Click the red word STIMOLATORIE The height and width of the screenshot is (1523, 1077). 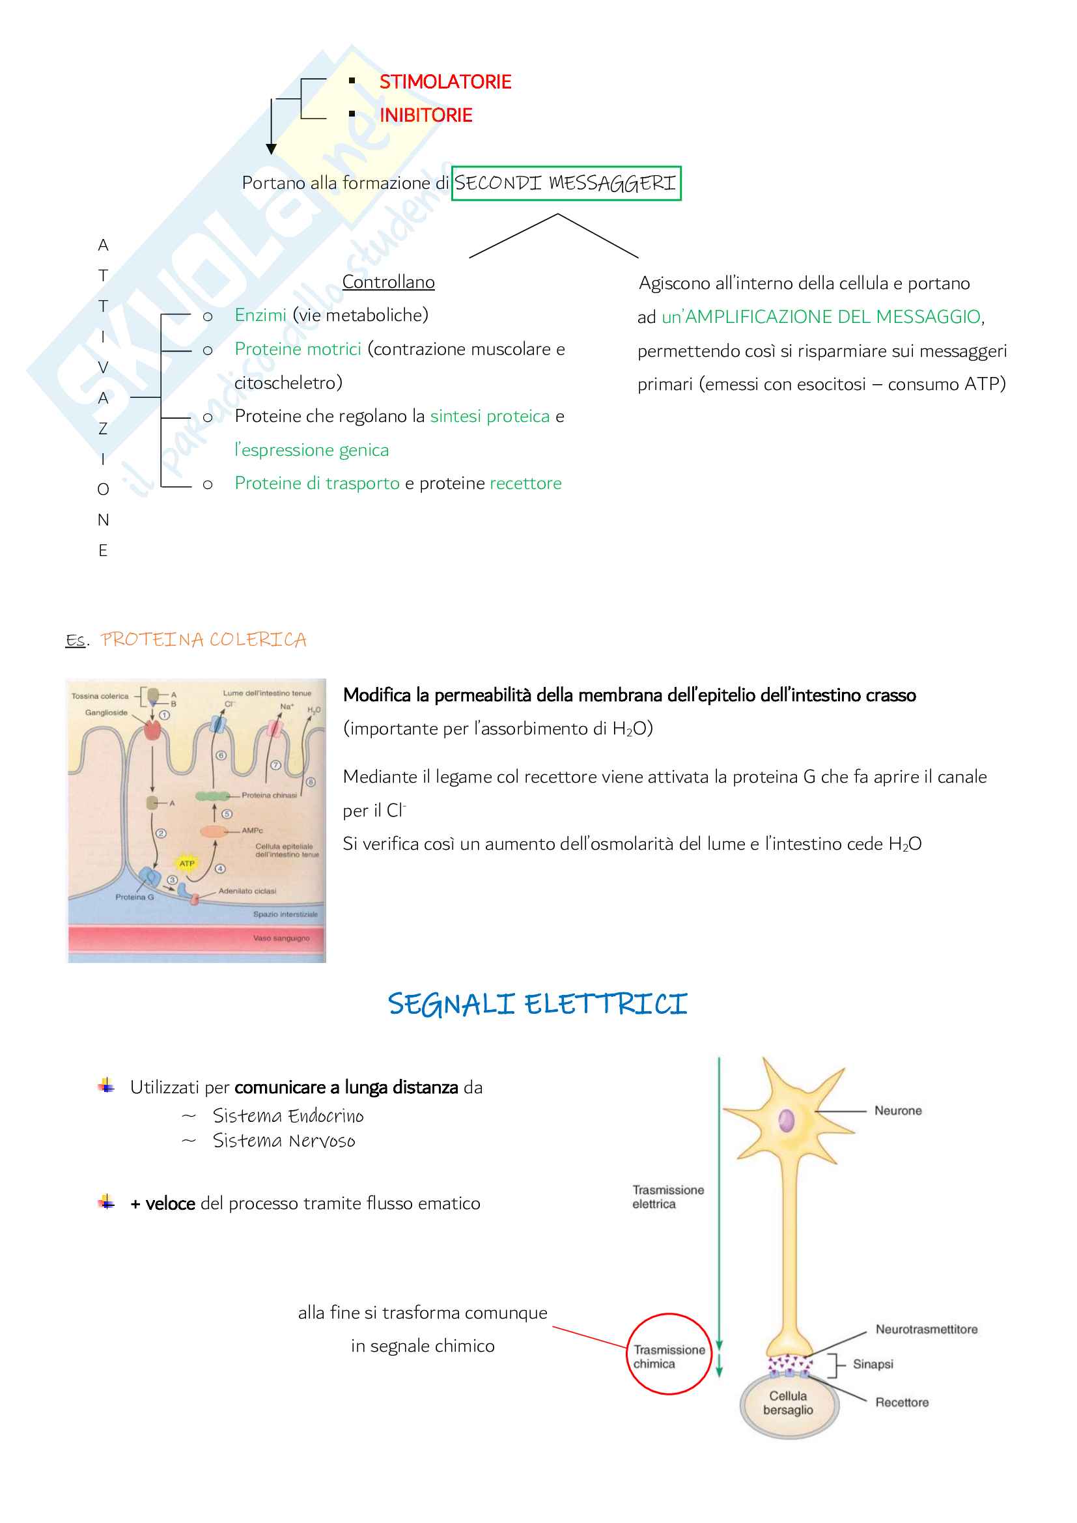coord(445,81)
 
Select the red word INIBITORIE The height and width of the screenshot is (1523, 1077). coord(426,115)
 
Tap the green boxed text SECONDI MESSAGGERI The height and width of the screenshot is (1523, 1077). coord(566,183)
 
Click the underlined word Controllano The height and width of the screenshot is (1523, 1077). coord(388,282)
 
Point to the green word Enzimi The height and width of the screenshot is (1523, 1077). coord(260,315)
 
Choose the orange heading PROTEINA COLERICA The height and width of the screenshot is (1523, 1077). coord(203,639)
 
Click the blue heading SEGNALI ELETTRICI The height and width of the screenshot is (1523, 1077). coord(537,1004)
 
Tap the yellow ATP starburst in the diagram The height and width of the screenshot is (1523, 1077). coord(187,863)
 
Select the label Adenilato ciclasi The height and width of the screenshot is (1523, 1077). coord(247,891)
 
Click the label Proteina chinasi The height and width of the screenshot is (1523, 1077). coord(270,794)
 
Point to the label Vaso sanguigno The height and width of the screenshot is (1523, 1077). coord(281,938)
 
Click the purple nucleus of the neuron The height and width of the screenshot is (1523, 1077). coord(787,1121)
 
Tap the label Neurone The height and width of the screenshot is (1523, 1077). coord(898,1110)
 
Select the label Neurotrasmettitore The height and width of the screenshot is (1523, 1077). coord(927,1330)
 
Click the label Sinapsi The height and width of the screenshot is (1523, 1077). coord(873,1364)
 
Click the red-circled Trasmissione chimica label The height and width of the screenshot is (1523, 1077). coord(669,1356)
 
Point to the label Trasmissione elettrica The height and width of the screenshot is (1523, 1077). coord(667,1197)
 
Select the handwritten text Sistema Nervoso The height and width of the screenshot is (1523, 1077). coord(284,1141)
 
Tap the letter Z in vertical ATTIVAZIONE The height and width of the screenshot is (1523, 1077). coord(103,428)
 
